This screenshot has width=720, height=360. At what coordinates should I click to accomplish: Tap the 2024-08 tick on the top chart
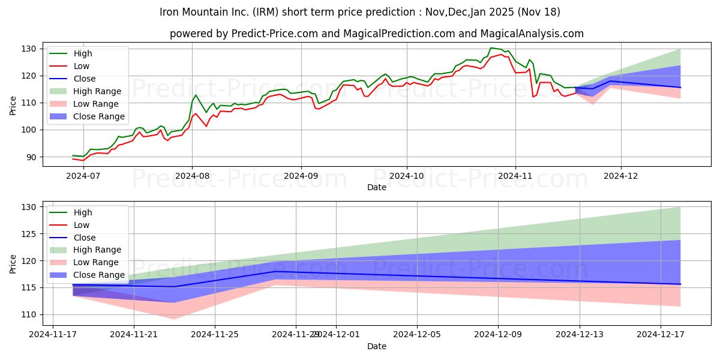point(192,176)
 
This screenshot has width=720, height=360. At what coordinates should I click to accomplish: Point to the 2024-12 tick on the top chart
point(621,176)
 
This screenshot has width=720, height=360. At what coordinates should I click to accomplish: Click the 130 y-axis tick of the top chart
point(29,49)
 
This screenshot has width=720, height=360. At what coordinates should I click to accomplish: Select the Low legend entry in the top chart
point(81,66)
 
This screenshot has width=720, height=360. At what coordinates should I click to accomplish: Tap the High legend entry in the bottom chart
point(82,212)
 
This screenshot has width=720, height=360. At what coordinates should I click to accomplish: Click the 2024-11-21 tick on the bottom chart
point(134,335)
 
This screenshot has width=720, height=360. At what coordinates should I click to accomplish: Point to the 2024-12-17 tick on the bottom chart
point(660,335)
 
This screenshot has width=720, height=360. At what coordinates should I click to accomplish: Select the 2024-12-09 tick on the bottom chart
point(498,335)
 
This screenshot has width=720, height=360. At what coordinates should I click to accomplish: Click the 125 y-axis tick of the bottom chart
point(29,234)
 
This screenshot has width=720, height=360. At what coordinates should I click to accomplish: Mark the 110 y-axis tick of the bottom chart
point(29,315)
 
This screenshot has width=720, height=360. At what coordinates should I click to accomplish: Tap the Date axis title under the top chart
point(376,187)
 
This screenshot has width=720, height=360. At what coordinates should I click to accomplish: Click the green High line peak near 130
point(491,48)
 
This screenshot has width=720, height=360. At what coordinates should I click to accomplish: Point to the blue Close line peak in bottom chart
point(275,271)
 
